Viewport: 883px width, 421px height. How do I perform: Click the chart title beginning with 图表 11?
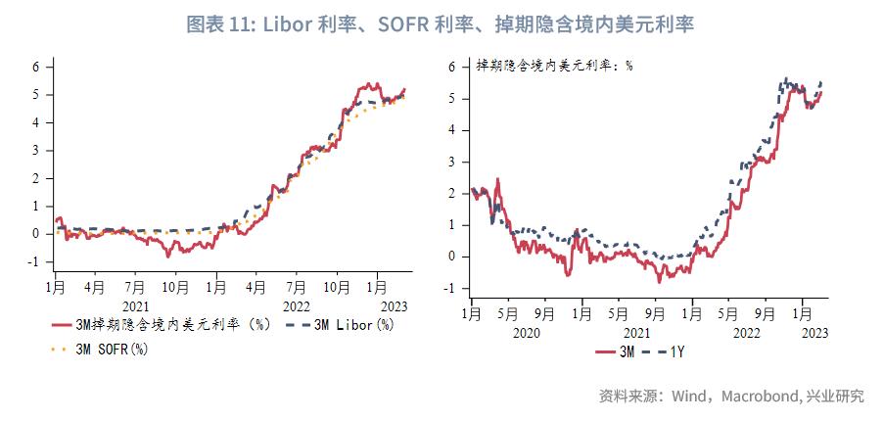[x=441, y=24]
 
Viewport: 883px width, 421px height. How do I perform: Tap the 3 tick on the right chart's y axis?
[x=452, y=162]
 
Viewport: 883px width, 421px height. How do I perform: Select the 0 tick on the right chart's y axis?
[x=452, y=257]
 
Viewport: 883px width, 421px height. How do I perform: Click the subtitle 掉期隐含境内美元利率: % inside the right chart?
[x=554, y=67]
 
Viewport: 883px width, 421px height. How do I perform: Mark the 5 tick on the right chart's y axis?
[x=452, y=98]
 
